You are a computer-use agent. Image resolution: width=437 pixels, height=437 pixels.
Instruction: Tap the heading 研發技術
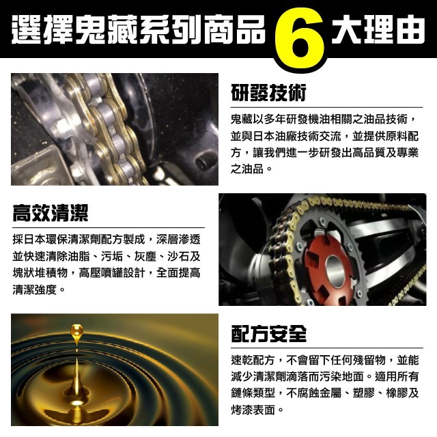(268, 91)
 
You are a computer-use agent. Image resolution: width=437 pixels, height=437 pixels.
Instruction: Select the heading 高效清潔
(50, 213)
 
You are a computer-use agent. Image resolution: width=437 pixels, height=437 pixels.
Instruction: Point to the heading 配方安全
(268, 333)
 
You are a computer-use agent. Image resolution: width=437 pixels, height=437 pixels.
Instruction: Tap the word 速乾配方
(253, 360)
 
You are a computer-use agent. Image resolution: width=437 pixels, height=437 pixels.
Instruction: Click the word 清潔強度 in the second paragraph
(34, 290)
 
